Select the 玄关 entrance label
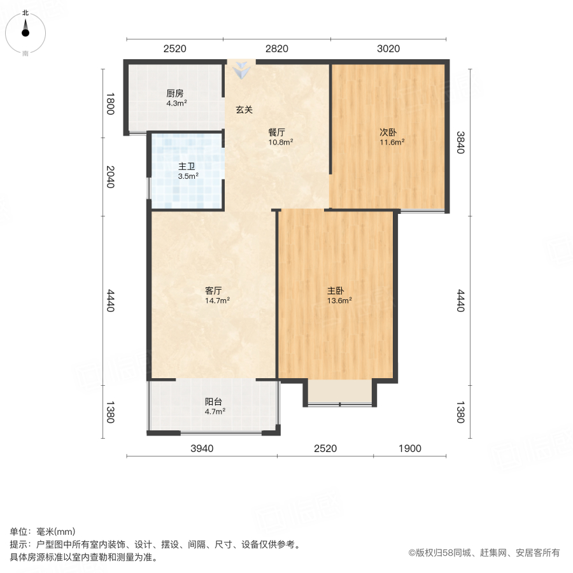click(x=244, y=110)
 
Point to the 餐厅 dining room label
click(x=276, y=132)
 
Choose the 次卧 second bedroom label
click(x=388, y=132)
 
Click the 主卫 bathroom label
click(x=187, y=167)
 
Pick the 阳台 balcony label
click(x=213, y=402)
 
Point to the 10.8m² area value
click(x=280, y=143)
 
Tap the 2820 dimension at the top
click(x=276, y=48)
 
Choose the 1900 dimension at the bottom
click(x=410, y=448)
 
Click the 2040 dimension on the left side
click(x=110, y=176)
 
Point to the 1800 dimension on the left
click(x=110, y=104)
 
